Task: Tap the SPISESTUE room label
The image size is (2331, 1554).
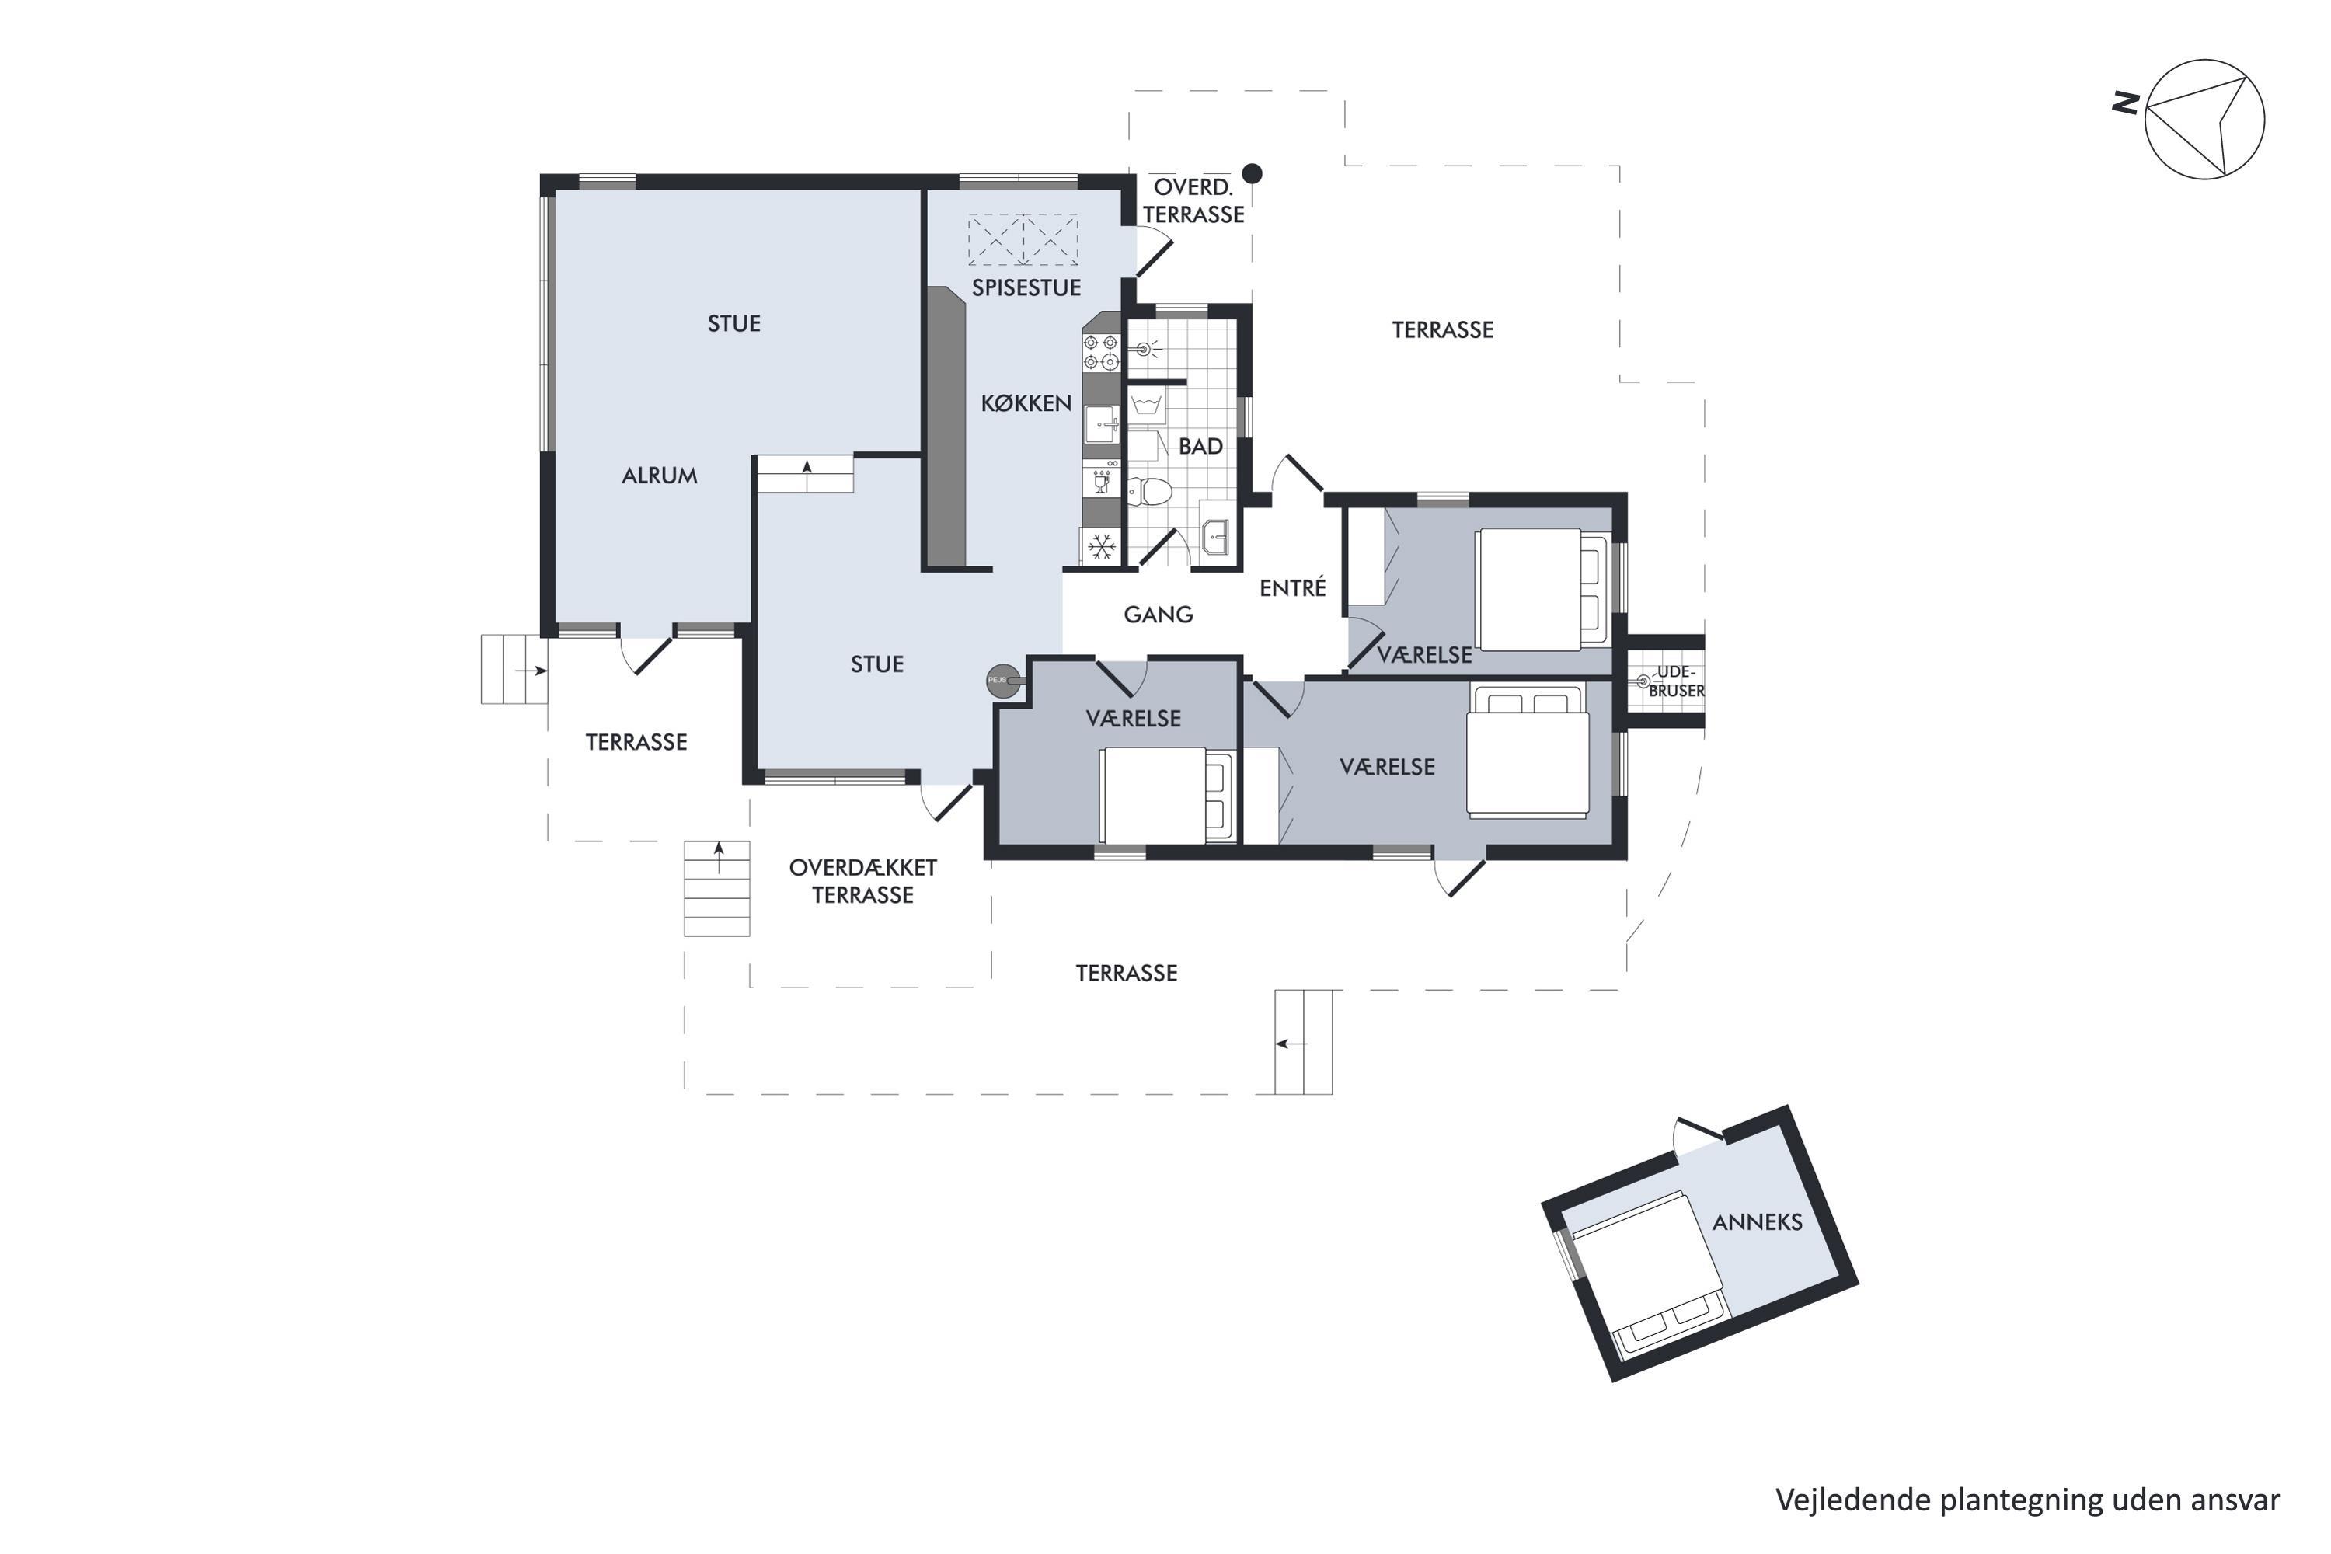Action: pyautogui.click(x=1026, y=288)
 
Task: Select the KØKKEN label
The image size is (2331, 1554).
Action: pyautogui.click(x=1026, y=403)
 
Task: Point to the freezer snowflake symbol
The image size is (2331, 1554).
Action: pyautogui.click(x=1100, y=544)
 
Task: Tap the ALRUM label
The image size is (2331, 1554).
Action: pyautogui.click(x=659, y=476)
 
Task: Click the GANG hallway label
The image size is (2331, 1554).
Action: pyautogui.click(x=1158, y=615)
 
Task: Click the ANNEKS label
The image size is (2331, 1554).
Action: pyautogui.click(x=1757, y=1222)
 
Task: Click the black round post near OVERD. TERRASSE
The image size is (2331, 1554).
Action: pyautogui.click(x=1253, y=173)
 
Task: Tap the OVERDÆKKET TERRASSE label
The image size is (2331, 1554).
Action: pyautogui.click(x=862, y=881)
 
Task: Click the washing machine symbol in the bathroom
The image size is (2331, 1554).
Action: pyautogui.click(x=1148, y=406)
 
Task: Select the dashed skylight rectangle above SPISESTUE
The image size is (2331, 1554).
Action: pyautogui.click(x=1023, y=240)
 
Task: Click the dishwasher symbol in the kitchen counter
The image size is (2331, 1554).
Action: pyautogui.click(x=1100, y=481)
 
